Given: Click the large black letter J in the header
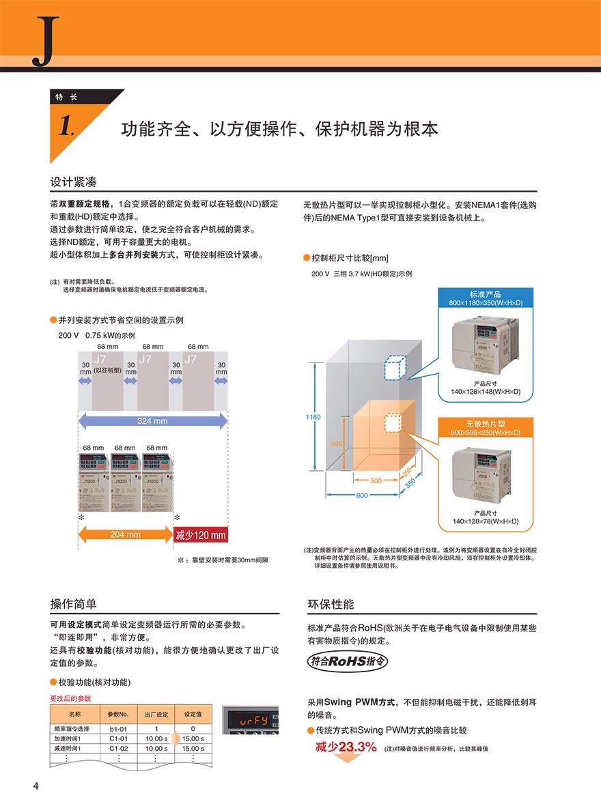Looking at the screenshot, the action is (x=46, y=40).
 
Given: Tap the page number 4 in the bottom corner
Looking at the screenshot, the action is (x=36, y=785).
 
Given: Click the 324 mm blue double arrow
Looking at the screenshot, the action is (x=152, y=421).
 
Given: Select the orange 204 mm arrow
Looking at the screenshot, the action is (x=126, y=534).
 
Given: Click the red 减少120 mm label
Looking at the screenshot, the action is (x=201, y=534).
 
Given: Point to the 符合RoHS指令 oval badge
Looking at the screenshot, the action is (x=348, y=661).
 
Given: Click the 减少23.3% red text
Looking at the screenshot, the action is (x=346, y=747).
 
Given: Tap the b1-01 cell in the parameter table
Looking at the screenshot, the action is (x=118, y=730).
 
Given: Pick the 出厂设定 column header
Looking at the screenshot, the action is (x=156, y=714).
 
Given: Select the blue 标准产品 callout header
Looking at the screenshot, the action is (x=485, y=298).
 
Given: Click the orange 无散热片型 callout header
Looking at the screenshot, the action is (x=485, y=427).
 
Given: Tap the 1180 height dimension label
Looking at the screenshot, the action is (x=313, y=417).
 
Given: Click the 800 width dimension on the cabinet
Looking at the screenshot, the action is (x=362, y=495).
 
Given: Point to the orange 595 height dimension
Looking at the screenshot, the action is (x=336, y=444).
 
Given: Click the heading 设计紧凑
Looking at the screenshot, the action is (x=73, y=182).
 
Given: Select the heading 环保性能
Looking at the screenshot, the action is (x=331, y=604).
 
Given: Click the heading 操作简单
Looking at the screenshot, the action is (x=73, y=604).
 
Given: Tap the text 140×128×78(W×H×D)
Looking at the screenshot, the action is (x=486, y=521).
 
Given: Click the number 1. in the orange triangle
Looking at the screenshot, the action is (x=66, y=126).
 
